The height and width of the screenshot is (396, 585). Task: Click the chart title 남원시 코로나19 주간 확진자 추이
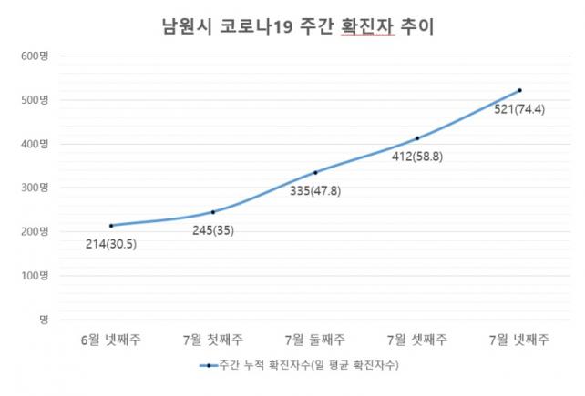tap(292, 26)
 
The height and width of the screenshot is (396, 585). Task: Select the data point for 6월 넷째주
tap(111, 225)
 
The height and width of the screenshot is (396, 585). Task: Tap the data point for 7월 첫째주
tap(213, 212)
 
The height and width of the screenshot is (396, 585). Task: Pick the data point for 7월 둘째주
tap(315, 172)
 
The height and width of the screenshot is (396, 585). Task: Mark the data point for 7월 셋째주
tap(417, 138)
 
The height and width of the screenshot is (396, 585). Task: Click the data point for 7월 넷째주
tap(519, 90)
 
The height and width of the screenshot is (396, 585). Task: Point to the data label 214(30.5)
tap(110, 246)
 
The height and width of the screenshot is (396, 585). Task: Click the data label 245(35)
tap(211, 230)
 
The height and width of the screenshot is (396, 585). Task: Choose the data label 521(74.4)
tap(519, 110)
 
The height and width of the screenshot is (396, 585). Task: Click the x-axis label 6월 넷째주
tap(111, 340)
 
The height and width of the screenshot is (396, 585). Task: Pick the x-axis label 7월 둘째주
tap(315, 340)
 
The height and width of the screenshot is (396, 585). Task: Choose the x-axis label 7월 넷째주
tap(519, 340)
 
